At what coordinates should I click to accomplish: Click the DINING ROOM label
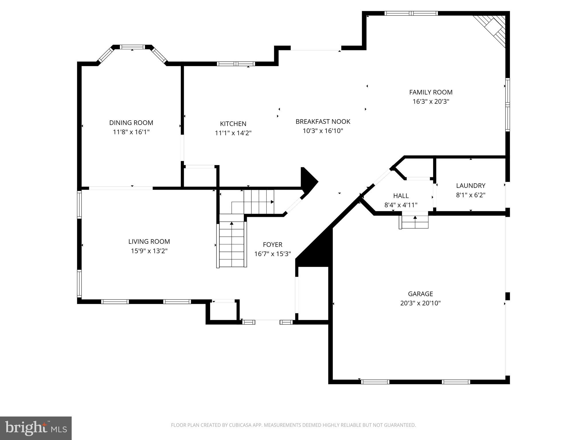tap(131, 123)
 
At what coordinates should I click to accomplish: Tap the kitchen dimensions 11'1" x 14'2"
tap(233, 133)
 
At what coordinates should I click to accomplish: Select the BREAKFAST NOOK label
tap(323, 121)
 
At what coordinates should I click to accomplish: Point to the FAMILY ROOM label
tap(431, 92)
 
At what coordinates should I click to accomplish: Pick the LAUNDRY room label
tap(470, 186)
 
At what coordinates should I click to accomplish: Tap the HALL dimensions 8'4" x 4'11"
tap(401, 205)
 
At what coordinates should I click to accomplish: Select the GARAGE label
tap(420, 294)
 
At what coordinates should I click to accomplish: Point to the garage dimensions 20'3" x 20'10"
tap(420, 303)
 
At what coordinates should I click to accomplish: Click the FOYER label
tap(272, 245)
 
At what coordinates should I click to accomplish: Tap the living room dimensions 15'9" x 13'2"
tap(149, 251)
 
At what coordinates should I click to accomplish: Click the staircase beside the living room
tap(232, 243)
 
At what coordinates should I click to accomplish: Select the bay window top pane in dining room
tap(132, 47)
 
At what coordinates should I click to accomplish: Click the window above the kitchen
tap(236, 64)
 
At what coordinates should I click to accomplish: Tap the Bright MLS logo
tap(36, 428)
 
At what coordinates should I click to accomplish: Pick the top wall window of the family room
tap(411, 13)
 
